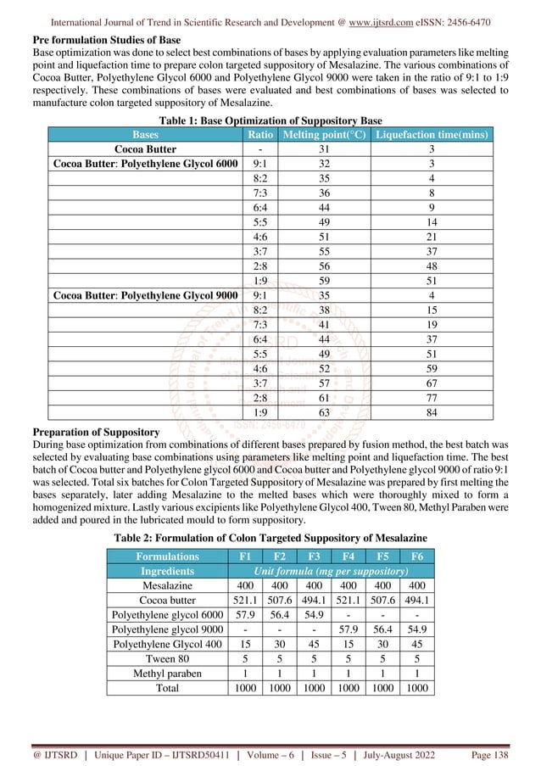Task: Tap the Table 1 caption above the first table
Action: click(x=270, y=120)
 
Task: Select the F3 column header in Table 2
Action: click(x=313, y=556)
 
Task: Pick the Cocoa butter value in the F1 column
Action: click(x=245, y=600)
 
